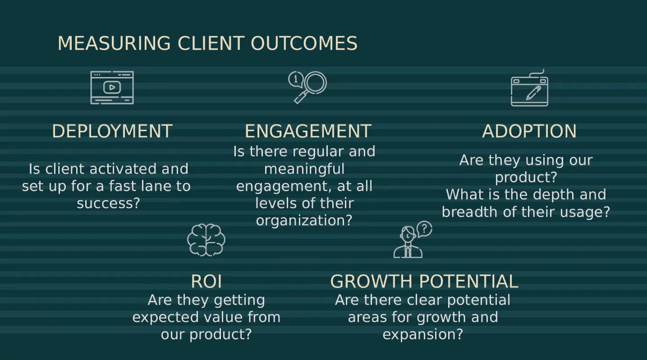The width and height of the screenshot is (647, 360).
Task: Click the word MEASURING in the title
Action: (114, 44)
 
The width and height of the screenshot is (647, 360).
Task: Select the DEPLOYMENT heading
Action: (112, 131)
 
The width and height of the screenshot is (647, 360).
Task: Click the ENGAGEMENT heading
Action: (308, 131)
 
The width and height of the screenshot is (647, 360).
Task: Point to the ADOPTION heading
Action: (529, 131)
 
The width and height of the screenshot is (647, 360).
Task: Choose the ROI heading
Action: (206, 281)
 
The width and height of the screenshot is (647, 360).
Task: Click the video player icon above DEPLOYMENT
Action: (112, 87)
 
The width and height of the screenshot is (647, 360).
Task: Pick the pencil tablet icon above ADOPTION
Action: (529, 89)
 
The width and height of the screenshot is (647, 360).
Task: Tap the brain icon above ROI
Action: (206, 240)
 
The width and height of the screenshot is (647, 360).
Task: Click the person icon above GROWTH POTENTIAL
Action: (408, 243)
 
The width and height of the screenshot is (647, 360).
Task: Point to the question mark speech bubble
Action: (424, 228)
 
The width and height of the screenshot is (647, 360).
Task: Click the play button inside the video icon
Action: (112, 87)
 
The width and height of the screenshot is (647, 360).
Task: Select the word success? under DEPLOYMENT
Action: (108, 203)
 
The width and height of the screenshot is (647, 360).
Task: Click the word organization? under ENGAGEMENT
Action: (304, 220)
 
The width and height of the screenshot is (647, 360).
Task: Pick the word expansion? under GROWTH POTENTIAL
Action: (422, 334)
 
